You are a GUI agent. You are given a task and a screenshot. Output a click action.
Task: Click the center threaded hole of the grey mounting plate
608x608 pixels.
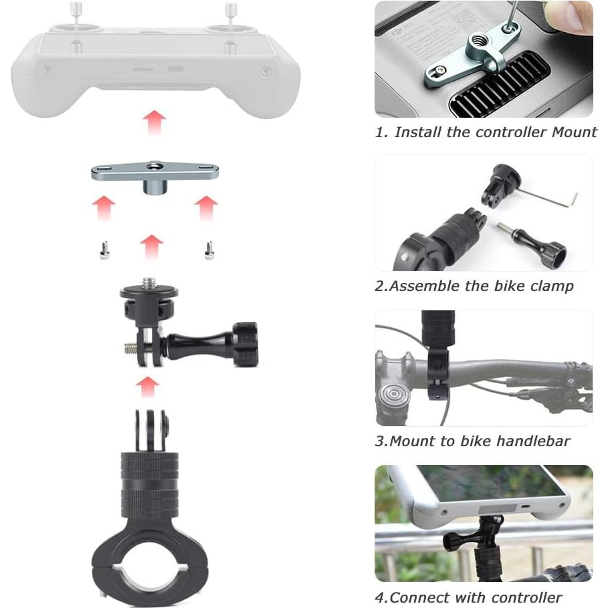coord(155,167)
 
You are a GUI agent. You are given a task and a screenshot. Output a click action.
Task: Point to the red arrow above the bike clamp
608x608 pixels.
coord(148,386)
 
